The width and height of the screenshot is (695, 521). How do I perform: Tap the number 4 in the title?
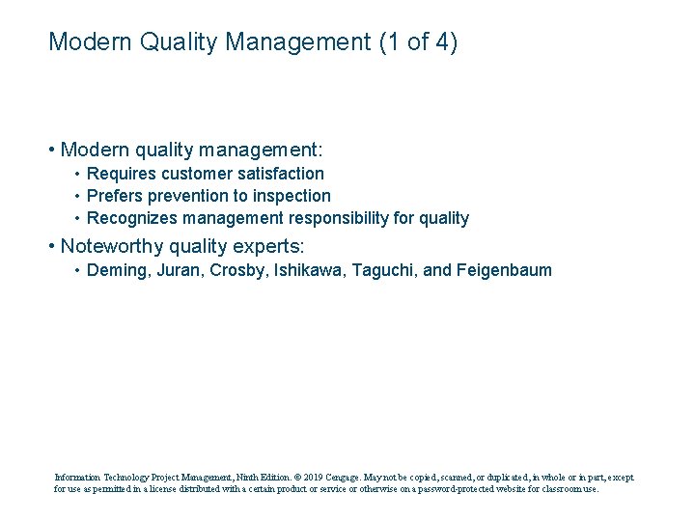click(441, 41)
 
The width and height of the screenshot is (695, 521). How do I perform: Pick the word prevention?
click(182, 196)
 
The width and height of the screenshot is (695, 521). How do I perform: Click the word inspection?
click(290, 196)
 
